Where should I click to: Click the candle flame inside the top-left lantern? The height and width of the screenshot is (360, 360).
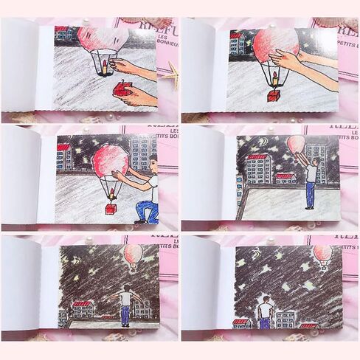tap(106, 68)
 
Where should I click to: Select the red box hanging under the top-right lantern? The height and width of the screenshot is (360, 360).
tap(274, 94)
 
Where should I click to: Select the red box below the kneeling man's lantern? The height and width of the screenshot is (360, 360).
tap(111, 209)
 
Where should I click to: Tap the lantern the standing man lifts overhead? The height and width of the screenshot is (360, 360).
tap(295, 144)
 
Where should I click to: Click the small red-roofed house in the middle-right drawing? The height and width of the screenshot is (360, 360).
tap(285, 178)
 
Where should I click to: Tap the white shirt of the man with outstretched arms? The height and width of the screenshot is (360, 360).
tap(125, 298)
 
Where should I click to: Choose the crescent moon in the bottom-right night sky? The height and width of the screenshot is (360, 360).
tap(255, 254)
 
